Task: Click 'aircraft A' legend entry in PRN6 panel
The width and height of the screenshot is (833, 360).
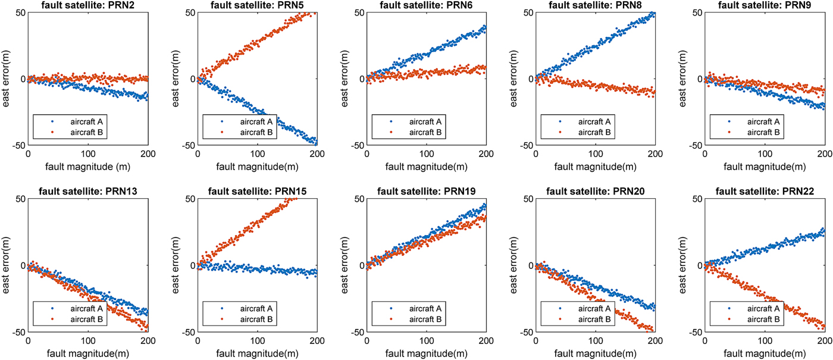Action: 424,121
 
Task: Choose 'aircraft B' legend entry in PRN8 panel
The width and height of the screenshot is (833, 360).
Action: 594,132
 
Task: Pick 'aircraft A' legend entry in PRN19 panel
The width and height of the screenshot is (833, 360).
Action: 424,308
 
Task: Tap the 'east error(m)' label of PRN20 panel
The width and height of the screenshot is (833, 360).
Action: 515,265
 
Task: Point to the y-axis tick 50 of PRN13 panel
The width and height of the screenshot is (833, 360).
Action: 19,199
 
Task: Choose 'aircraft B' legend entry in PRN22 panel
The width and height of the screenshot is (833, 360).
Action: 763,320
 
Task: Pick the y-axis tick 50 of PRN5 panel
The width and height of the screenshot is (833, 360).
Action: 189,12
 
